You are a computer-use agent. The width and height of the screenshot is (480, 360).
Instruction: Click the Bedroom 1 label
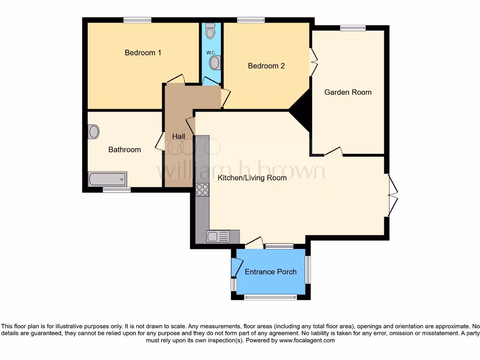(x=143, y=52)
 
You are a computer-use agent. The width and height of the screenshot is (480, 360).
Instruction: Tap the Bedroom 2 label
(x=266, y=66)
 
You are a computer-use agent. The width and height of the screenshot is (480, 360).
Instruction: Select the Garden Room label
(x=348, y=92)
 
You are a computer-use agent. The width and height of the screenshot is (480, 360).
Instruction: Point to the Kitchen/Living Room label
(x=252, y=178)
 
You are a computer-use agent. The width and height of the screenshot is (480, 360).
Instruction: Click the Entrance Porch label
(x=270, y=271)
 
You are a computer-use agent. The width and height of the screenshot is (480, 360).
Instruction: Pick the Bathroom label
(x=125, y=150)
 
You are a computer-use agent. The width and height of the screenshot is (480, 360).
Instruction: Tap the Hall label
(x=179, y=136)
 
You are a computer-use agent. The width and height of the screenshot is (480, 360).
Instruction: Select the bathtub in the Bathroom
(x=107, y=179)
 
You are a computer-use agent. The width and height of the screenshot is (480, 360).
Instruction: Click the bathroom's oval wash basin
(x=94, y=132)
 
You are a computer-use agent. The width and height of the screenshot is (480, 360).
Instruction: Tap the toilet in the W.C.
(x=210, y=31)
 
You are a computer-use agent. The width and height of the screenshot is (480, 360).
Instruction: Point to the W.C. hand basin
(x=215, y=62)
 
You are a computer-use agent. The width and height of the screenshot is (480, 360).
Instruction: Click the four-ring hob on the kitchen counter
(x=202, y=190)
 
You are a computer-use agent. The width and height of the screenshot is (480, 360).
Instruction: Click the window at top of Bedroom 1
(x=137, y=20)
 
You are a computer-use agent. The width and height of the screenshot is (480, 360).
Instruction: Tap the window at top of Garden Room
(x=352, y=28)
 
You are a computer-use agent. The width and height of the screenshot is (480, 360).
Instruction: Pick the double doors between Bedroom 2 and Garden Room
(x=313, y=61)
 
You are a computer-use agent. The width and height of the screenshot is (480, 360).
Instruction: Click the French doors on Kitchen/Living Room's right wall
(x=392, y=195)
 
